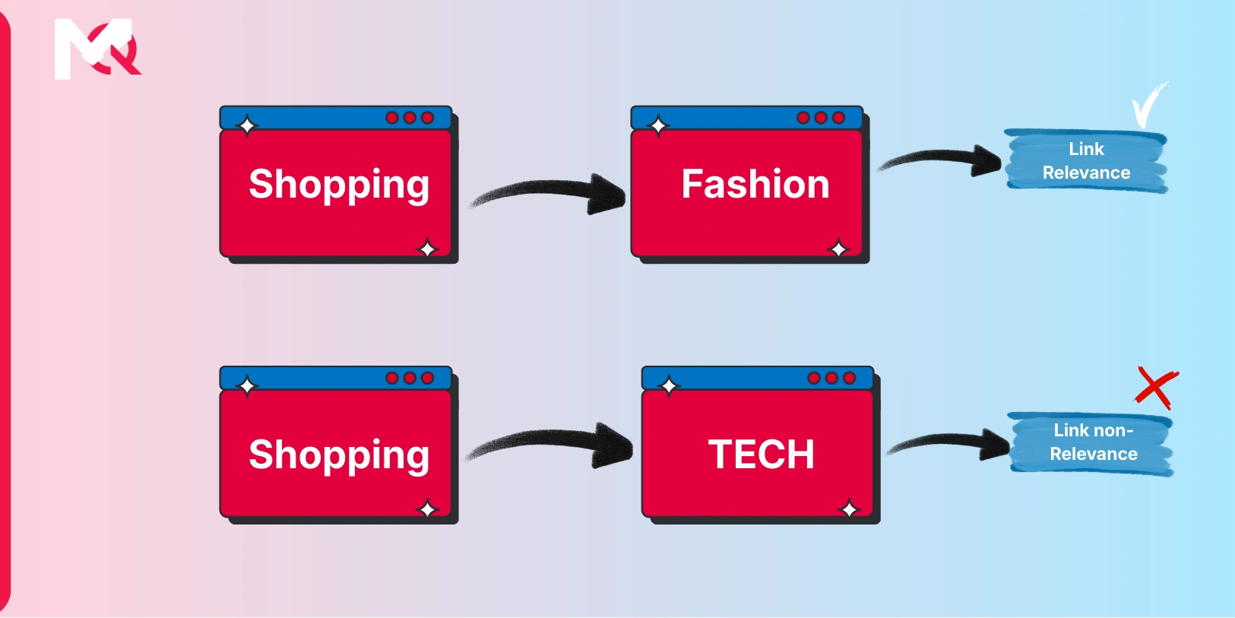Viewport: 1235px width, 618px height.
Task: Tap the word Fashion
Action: (x=755, y=184)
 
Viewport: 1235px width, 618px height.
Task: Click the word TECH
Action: (x=761, y=455)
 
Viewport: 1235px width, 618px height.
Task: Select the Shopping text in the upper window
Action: (x=339, y=185)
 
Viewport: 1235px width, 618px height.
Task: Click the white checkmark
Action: (x=1147, y=105)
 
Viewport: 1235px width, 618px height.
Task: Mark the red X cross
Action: (x=1156, y=387)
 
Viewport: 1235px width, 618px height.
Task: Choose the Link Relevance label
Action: (x=1086, y=161)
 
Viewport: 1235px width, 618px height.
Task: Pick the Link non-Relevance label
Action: (x=1093, y=442)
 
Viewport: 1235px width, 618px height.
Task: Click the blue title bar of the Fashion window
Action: (x=730, y=118)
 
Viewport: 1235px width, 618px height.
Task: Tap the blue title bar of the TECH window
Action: (x=737, y=378)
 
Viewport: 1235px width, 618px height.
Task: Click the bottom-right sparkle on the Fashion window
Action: (x=838, y=249)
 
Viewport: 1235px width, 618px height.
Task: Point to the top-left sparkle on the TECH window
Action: (x=669, y=386)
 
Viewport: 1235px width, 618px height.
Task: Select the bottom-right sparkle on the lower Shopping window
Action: (x=428, y=509)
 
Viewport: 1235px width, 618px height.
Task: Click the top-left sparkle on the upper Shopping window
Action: (x=247, y=125)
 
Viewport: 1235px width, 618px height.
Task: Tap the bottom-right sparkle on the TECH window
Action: (x=849, y=509)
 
